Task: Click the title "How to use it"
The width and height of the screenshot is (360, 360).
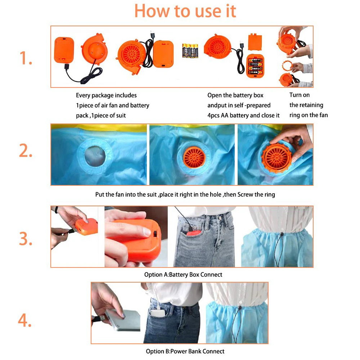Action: coord(185,11)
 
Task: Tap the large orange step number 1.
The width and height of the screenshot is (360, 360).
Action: coord(26,58)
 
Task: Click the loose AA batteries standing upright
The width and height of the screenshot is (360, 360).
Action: coord(190,51)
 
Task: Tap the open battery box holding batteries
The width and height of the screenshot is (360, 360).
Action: coord(255,66)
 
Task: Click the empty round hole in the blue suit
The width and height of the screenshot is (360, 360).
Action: coord(95,156)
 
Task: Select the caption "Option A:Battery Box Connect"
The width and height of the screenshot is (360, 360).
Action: coord(183,275)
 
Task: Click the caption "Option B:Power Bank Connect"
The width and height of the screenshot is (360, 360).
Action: coord(185,351)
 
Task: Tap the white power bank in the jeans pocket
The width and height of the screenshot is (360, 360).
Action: coord(158,313)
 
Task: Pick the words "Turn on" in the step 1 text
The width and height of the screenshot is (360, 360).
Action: coord(300,95)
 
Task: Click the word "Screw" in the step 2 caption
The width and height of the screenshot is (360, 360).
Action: coord(245,194)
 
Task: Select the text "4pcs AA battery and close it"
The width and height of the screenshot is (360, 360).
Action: coord(243,115)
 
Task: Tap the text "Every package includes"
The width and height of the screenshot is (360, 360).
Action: coord(106,95)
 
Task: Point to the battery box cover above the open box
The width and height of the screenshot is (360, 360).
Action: coord(255,42)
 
